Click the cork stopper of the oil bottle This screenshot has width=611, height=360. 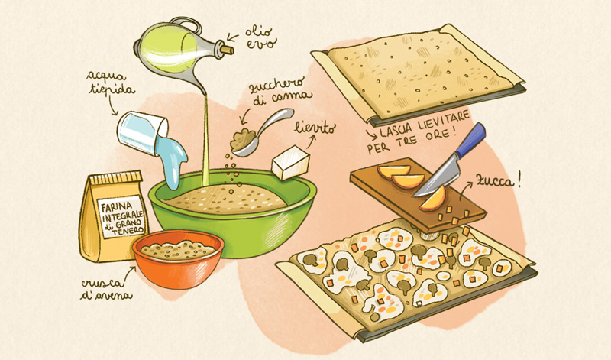227,49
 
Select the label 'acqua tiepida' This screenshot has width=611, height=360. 111,83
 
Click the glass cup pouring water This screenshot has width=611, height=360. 141,132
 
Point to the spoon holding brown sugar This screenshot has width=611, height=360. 261,132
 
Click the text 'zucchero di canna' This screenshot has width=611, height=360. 281,92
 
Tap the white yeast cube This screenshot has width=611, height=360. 291,162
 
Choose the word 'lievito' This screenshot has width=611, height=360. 315,128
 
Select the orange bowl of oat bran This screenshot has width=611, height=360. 178,258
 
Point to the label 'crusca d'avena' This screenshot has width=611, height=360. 106,289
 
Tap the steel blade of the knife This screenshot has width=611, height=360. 436,177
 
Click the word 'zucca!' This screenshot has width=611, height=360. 498,180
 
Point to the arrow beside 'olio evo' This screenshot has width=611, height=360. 233,37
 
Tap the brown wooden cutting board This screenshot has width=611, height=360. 418,195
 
